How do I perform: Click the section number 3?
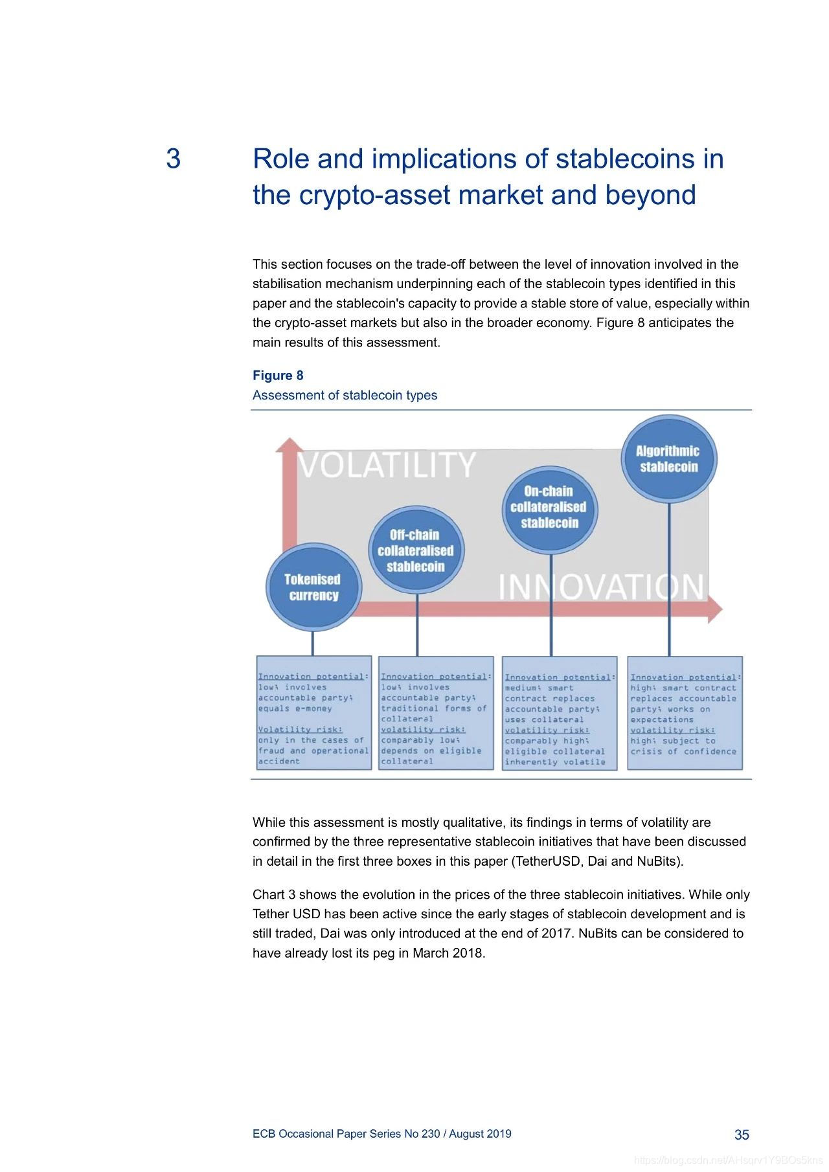coord(174,159)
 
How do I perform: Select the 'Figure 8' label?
coord(278,376)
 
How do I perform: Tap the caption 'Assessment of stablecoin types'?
coord(345,395)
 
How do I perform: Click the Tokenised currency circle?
coord(313,587)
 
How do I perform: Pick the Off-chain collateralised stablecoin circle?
coord(416,550)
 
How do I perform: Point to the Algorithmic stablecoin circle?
coord(668,458)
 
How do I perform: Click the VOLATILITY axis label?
coord(387,465)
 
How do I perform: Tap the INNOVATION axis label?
coord(601,587)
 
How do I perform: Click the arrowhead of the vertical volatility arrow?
coord(290,445)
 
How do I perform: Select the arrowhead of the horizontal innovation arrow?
coord(715,609)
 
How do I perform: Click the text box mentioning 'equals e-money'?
coord(314,713)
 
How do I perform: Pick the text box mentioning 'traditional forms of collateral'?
coord(436,713)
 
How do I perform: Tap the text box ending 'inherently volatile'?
coord(560,714)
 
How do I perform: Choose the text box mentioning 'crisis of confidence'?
coord(685,713)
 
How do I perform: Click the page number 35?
coord(742,1134)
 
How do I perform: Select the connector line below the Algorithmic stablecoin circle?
coord(669,580)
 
